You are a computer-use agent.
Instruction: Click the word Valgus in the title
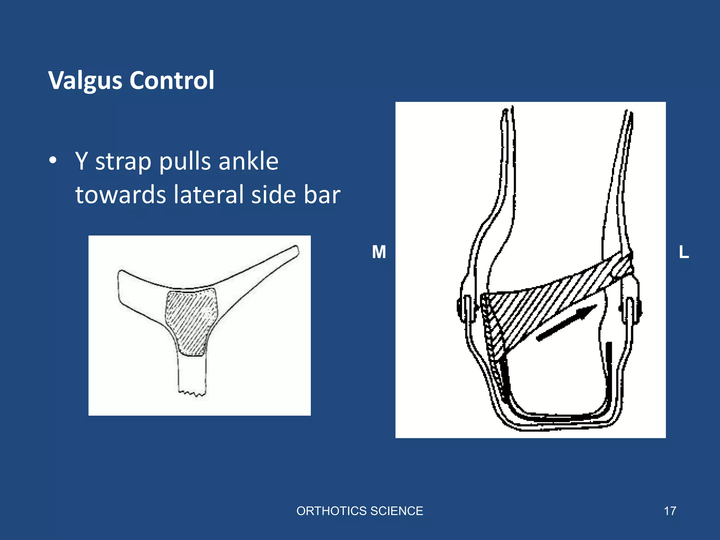click(x=85, y=81)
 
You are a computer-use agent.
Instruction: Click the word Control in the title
click(x=172, y=80)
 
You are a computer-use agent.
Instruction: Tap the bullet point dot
click(x=53, y=161)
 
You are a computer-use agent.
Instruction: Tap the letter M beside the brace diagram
click(x=379, y=252)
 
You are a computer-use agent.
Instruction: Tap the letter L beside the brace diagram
click(x=684, y=252)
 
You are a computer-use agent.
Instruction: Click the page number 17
click(x=670, y=511)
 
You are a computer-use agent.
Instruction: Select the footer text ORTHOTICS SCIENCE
click(x=360, y=511)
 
